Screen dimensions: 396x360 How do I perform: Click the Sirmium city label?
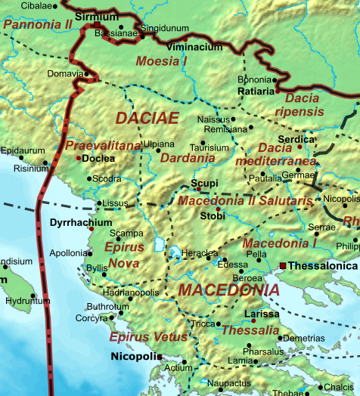tap(96, 16)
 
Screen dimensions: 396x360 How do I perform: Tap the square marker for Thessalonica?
tap(282, 266)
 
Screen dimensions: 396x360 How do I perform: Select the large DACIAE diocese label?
tap(147, 118)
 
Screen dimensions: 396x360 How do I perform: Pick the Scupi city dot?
tap(198, 189)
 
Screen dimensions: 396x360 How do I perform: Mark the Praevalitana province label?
tap(103, 145)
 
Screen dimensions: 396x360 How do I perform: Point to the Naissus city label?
tap(212, 119)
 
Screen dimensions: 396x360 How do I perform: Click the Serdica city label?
tap(297, 139)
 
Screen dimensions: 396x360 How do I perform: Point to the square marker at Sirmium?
tap(97, 25)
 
